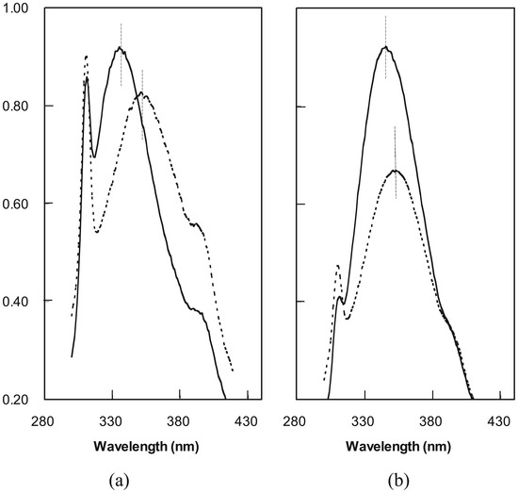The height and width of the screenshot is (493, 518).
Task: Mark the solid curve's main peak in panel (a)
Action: coord(121,48)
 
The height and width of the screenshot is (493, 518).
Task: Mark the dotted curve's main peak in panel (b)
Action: coord(396,171)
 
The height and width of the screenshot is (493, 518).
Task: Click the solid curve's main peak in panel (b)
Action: coord(385,47)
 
